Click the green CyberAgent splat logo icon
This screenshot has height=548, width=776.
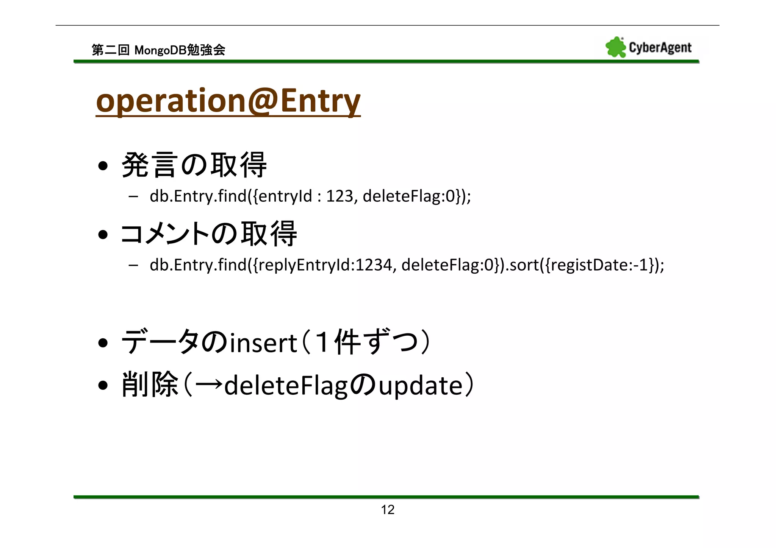(615, 47)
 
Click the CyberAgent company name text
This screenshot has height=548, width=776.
(660, 48)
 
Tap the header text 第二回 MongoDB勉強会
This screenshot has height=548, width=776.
(158, 50)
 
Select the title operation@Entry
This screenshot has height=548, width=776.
(228, 101)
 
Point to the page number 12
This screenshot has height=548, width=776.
(388, 510)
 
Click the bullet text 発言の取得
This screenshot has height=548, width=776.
(194, 165)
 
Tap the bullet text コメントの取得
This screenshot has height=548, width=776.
(208, 234)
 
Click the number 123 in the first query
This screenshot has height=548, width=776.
(339, 196)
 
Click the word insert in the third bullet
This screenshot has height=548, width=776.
(263, 343)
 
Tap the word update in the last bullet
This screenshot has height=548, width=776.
(421, 386)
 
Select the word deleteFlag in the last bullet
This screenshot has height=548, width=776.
(286, 386)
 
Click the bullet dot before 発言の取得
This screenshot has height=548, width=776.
(103, 166)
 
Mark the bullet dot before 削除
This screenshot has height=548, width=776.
(103, 386)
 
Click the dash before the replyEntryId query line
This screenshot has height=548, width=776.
(133, 265)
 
